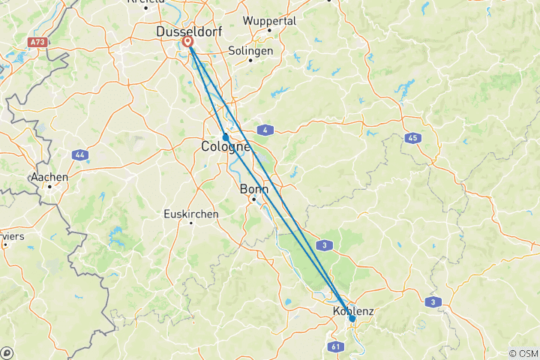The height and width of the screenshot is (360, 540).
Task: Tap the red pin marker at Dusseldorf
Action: tap(188, 43)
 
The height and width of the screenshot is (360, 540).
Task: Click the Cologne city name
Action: tap(225, 147)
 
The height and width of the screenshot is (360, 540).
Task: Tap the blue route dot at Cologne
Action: tap(225, 136)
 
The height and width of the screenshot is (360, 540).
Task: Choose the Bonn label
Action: tap(253, 189)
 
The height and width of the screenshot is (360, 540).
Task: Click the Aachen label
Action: tap(49, 177)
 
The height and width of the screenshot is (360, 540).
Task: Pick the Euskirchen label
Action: tap(191, 214)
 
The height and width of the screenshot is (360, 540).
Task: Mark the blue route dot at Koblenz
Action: tap(352, 319)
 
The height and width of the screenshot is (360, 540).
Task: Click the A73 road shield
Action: tap(39, 42)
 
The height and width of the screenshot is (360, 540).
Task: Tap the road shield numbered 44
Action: tap(79, 154)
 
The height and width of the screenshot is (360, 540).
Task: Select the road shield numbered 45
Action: tap(412, 138)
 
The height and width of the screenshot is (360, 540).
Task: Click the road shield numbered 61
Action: tap(334, 346)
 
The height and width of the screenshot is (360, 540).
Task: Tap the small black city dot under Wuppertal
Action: tap(268, 30)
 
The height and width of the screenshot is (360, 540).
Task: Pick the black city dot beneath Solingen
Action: tap(250, 61)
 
